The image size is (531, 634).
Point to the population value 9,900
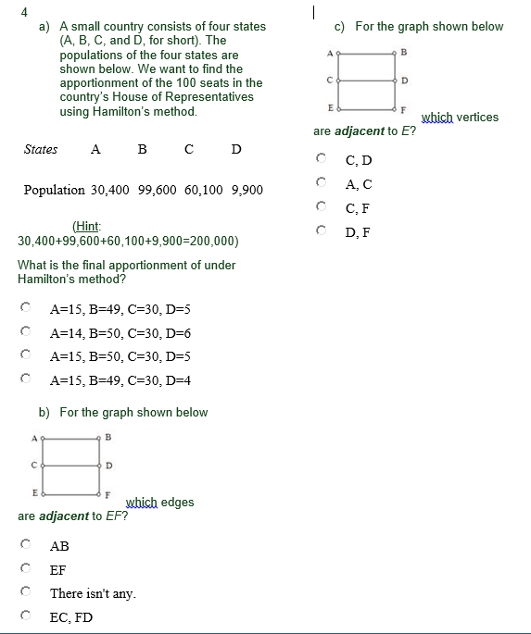[x=244, y=190]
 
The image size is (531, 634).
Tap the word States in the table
[x=41, y=149]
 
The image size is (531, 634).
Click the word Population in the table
[x=54, y=190]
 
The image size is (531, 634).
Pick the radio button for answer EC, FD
[x=27, y=616]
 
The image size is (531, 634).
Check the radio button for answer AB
[x=27, y=546]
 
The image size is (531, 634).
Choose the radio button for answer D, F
[x=322, y=231]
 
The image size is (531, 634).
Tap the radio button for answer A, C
[x=322, y=183]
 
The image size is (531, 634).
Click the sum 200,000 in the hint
[x=215, y=242]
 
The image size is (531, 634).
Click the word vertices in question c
[x=476, y=118]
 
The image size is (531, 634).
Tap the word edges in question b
[x=178, y=503]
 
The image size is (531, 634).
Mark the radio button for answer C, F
[x=322, y=207]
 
